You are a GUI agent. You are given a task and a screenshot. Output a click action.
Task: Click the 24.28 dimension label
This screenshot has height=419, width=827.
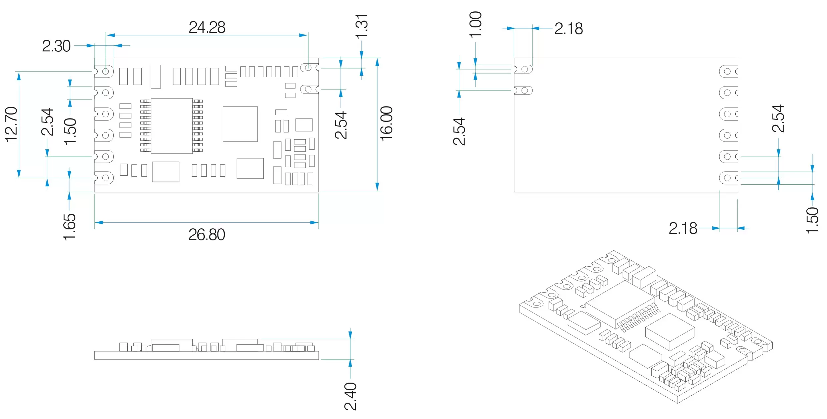(x=207, y=27)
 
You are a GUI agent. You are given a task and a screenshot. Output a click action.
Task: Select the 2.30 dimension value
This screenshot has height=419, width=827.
(x=56, y=46)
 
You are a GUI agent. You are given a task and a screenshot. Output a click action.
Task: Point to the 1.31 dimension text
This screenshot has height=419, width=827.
(x=361, y=26)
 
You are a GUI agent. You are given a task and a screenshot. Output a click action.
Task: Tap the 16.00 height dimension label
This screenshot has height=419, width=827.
(x=386, y=124)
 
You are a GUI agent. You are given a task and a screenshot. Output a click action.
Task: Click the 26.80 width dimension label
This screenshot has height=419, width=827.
(x=207, y=235)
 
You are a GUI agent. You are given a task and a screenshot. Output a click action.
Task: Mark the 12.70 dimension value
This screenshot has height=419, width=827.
(x=11, y=124)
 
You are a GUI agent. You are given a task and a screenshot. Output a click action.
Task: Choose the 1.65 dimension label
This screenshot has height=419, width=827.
(x=69, y=227)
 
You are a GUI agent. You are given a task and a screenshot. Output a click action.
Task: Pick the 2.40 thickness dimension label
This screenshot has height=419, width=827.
(x=350, y=396)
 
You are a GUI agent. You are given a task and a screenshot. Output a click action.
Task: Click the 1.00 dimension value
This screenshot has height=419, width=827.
(x=476, y=24)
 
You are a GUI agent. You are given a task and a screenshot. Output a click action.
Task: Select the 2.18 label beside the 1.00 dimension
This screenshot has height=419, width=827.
(x=569, y=29)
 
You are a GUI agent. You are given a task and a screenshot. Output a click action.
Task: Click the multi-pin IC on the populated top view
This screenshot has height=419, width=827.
(x=172, y=126)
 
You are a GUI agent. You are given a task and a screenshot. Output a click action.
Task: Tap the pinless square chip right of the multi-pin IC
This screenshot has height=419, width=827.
(x=240, y=124)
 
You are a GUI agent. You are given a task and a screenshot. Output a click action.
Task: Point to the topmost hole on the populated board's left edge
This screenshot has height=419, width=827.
(x=106, y=71)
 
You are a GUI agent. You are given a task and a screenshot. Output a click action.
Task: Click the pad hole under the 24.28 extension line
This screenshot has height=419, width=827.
(x=308, y=68)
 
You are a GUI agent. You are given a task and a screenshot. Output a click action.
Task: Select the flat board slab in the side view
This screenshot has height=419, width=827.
(x=206, y=355)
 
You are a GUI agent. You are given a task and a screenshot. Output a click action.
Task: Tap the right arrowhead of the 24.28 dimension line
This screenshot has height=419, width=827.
(x=303, y=35)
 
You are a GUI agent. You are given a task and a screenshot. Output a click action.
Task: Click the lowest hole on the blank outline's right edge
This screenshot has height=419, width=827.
(x=727, y=178)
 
